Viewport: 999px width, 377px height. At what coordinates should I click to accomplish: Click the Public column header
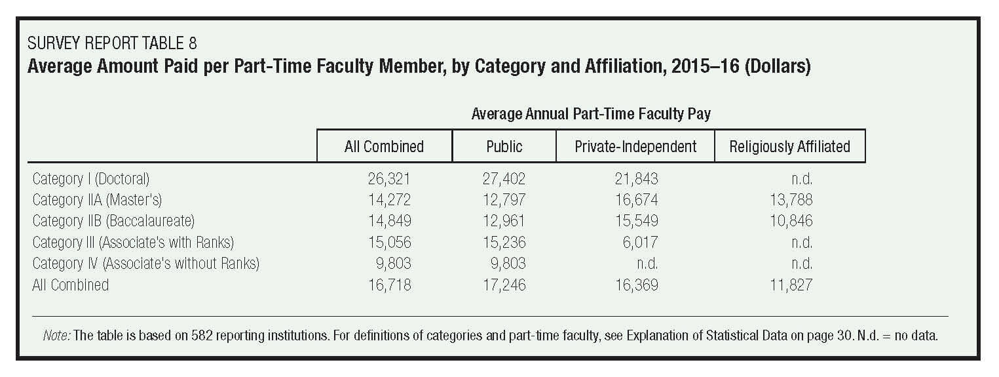click(504, 146)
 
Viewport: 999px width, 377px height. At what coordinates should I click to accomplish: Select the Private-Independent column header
click(635, 146)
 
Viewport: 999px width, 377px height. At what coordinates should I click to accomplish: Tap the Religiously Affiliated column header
click(789, 146)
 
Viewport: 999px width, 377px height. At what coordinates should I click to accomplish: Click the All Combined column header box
click(384, 146)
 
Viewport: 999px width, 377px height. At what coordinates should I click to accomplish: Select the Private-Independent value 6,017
click(639, 242)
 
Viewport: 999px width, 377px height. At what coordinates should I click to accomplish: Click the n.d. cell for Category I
click(801, 178)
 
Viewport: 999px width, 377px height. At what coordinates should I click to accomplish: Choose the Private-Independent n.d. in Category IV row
click(647, 264)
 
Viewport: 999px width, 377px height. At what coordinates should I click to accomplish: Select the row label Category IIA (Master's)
click(97, 200)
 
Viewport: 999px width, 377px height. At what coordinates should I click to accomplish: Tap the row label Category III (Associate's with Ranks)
click(133, 242)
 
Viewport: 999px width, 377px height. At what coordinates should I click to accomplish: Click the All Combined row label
click(71, 285)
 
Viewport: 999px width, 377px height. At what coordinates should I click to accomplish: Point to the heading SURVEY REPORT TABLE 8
click(112, 44)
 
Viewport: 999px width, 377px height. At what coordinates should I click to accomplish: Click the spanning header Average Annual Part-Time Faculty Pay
click(591, 113)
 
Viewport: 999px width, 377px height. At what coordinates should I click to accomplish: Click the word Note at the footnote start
click(56, 336)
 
